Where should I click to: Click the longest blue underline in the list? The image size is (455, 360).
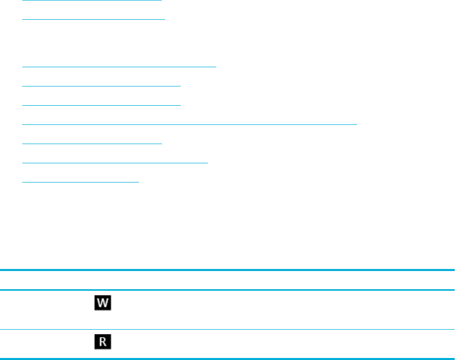(x=190, y=123)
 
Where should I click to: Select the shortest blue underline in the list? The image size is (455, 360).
(x=80, y=183)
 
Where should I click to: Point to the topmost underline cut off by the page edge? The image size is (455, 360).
(x=92, y=1)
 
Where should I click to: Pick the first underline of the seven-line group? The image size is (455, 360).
(x=119, y=66)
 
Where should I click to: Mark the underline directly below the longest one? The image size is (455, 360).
(x=93, y=144)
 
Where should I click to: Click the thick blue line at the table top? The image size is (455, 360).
(x=227, y=271)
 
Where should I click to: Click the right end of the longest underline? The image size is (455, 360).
(x=356, y=123)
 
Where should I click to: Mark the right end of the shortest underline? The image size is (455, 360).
(x=138, y=183)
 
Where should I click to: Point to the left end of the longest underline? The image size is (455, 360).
(x=23, y=123)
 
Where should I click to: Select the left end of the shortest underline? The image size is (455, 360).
(x=23, y=183)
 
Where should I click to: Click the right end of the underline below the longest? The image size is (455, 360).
(x=161, y=144)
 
